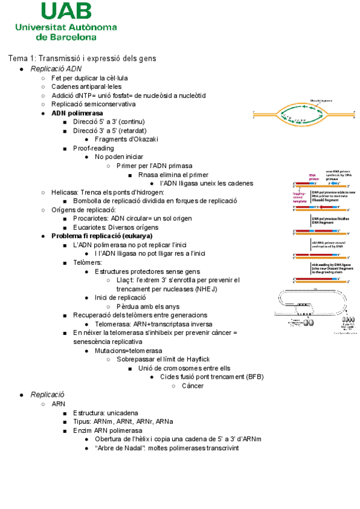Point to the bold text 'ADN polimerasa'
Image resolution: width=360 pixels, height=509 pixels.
77,113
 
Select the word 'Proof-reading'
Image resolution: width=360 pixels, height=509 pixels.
93,148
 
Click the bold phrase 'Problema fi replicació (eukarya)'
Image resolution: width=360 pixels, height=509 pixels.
101,236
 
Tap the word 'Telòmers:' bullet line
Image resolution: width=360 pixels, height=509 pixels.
88,262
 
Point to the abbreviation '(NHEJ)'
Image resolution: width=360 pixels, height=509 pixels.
206,289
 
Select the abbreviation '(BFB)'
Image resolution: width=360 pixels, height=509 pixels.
255,377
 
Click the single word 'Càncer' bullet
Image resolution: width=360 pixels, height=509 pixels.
193,386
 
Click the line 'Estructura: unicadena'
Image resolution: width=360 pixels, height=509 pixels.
106,413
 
